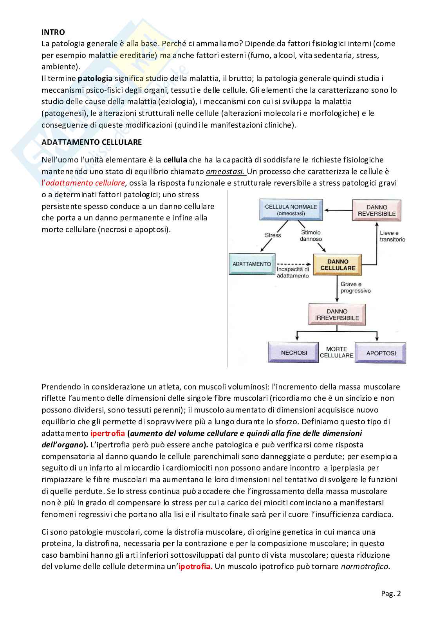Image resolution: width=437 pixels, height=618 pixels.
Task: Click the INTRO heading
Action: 53,32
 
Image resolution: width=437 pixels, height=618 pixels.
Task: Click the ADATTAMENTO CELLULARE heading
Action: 92,142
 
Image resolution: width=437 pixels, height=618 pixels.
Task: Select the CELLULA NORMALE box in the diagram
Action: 291,210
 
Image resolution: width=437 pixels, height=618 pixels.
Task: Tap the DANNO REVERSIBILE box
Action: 377,210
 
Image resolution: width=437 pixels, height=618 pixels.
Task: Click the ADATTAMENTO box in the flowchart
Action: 252,264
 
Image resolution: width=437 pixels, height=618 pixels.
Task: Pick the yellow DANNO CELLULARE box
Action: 338,265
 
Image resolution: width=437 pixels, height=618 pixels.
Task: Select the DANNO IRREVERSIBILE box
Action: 337,315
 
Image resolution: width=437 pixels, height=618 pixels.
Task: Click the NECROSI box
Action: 294,353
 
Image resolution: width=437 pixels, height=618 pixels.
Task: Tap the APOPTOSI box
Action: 381,353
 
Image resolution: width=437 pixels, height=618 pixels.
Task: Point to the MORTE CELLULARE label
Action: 336,352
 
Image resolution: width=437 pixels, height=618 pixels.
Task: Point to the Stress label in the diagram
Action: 273,235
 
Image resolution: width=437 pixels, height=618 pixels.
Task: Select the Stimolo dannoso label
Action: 311,236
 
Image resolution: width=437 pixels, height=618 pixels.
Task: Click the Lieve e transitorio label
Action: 392,236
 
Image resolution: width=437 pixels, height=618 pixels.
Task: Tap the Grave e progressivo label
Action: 355,287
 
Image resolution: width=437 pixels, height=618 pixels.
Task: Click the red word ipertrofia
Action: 108,433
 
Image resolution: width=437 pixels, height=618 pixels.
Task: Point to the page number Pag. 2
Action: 391,593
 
